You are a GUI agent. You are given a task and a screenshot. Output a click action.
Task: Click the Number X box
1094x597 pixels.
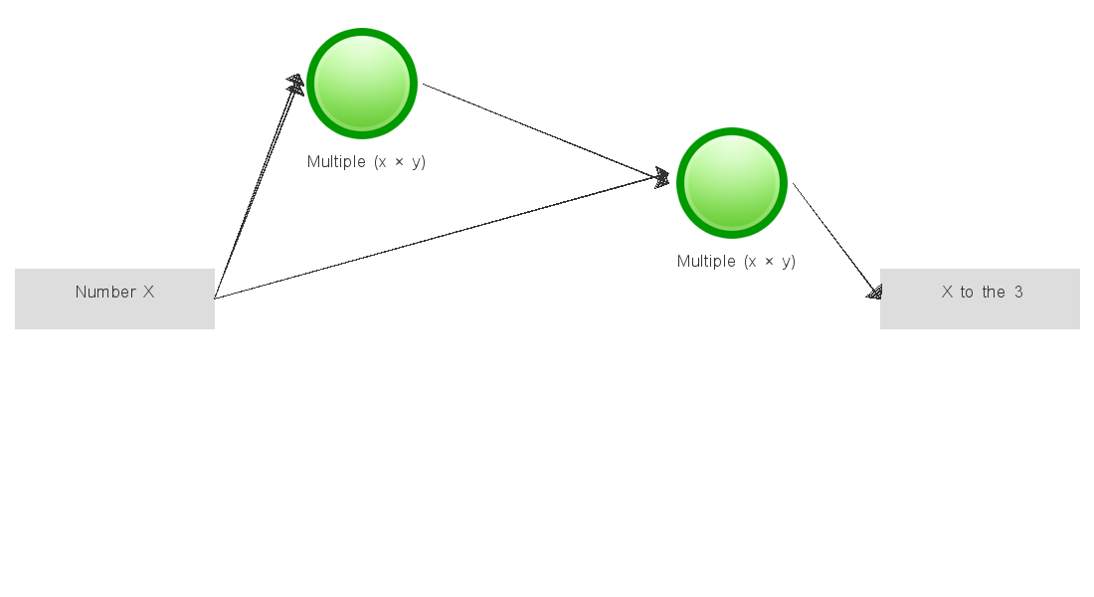point(114,298)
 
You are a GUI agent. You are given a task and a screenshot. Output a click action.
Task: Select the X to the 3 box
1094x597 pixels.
point(980,298)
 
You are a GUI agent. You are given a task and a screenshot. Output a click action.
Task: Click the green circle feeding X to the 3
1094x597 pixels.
point(732,183)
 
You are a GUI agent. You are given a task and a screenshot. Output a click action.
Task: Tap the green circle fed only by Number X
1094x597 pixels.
point(362,84)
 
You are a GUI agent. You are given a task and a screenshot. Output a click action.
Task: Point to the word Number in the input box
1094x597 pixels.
point(105,292)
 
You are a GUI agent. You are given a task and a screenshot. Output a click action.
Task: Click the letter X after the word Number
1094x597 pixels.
point(148,292)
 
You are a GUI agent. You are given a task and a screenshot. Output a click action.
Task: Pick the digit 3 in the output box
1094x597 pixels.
point(1018,292)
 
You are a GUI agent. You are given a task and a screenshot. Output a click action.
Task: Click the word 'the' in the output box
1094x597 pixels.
point(994,292)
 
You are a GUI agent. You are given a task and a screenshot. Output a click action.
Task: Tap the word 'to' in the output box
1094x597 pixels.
point(967,293)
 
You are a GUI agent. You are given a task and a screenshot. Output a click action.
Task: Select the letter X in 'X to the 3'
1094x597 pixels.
point(947,292)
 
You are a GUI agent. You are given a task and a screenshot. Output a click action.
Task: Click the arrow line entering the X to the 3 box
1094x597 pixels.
point(837,241)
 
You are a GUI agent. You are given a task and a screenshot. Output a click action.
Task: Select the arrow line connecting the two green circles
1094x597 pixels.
point(546,132)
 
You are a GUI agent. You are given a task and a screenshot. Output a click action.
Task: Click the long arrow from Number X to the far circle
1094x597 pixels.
point(442,238)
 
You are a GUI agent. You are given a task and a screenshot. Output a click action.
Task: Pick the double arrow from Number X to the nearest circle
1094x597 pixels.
point(259,187)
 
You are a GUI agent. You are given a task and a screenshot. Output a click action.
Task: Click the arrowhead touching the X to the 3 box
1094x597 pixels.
point(875,292)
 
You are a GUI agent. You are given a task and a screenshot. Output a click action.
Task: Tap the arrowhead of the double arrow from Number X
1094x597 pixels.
point(296,85)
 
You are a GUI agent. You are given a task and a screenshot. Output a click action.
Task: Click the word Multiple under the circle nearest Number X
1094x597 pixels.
point(336,162)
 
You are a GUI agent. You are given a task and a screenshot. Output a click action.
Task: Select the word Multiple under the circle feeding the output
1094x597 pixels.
point(706,261)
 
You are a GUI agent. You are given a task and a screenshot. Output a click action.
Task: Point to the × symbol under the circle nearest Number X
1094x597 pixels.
point(399,162)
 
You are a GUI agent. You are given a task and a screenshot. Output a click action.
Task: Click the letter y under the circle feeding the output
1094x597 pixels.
point(787,263)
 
